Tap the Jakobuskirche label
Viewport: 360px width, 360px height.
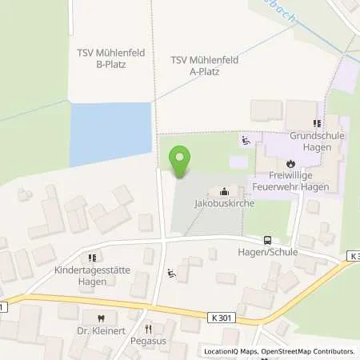[x=219, y=204]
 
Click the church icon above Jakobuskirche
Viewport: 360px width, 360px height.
[x=224, y=192]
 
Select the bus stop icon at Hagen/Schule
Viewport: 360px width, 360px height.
[x=267, y=239]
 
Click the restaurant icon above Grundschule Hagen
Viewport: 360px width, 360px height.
[x=317, y=124]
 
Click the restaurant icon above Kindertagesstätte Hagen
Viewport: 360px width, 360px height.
[x=90, y=258]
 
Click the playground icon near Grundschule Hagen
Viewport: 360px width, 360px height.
[x=245, y=142]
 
